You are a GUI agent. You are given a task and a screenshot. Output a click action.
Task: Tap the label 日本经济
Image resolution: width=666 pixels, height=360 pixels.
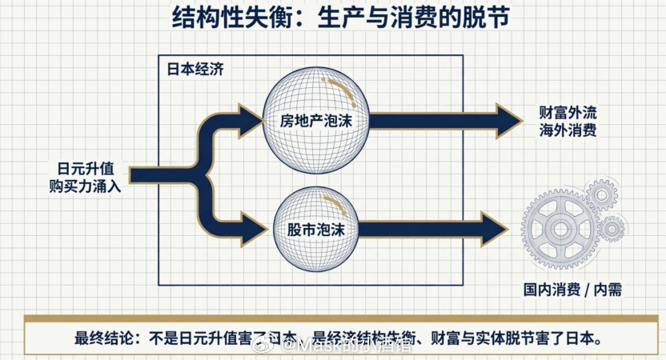(195, 68)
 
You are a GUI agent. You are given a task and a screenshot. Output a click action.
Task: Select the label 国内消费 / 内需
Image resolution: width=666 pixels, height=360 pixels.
(573, 292)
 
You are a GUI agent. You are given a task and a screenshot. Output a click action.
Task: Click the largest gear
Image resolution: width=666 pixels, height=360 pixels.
(558, 230)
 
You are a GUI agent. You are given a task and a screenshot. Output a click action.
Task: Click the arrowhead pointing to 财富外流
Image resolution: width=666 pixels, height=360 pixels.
(508, 121)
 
